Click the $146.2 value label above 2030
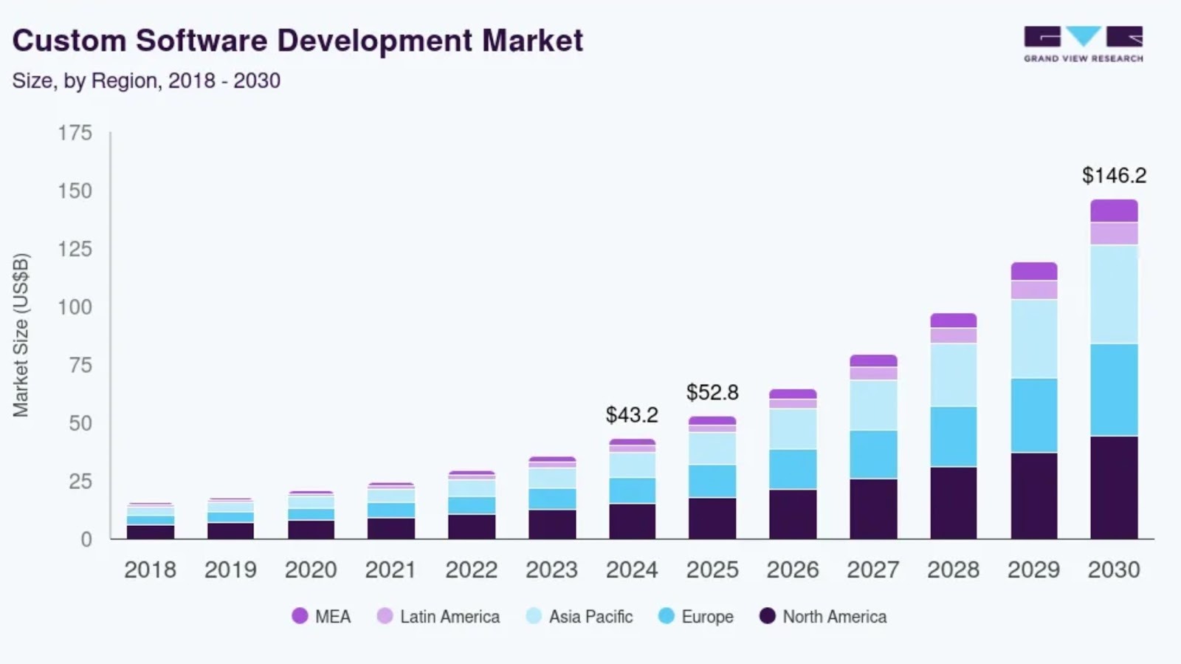(1114, 176)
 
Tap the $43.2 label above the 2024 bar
(632, 415)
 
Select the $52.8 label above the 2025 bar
(712, 392)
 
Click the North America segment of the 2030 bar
(1114, 487)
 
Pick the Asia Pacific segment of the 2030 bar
(1114, 294)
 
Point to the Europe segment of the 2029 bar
(1033, 415)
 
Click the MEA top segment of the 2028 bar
(953, 321)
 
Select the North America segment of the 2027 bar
(873, 508)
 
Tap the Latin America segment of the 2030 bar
(1114, 233)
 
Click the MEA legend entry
(322, 616)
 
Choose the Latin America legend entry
(438, 616)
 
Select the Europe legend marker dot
(667, 615)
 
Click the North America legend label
(834, 616)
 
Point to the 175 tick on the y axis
(75, 133)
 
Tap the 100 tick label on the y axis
(75, 307)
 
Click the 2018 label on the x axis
(150, 569)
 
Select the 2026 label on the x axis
(793, 569)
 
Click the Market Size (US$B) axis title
(21, 335)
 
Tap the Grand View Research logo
(1083, 44)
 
